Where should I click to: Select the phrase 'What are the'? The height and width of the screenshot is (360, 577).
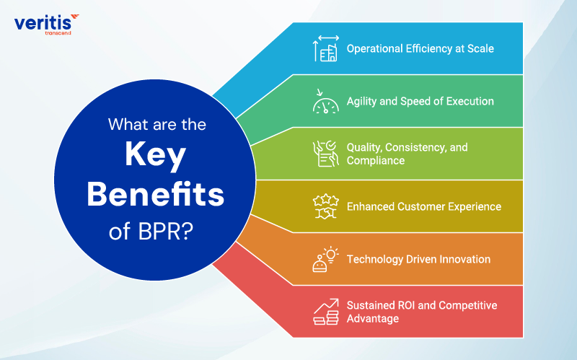(x=157, y=124)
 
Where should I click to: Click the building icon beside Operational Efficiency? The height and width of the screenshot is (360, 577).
(x=325, y=48)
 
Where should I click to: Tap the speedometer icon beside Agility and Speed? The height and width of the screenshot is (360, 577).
(x=325, y=102)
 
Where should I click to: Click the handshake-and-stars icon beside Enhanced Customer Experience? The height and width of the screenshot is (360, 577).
(x=325, y=206)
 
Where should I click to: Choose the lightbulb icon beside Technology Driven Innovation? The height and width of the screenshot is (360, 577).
(x=325, y=258)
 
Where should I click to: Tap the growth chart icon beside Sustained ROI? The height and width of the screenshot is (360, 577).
(x=325, y=311)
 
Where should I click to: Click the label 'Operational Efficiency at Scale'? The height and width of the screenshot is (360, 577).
(x=420, y=49)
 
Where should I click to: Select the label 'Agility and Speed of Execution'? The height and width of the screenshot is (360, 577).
(x=420, y=102)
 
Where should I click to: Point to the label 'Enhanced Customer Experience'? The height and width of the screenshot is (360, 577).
(x=423, y=206)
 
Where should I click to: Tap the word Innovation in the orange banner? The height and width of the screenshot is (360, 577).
(x=463, y=258)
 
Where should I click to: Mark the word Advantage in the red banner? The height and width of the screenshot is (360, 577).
(x=372, y=318)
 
